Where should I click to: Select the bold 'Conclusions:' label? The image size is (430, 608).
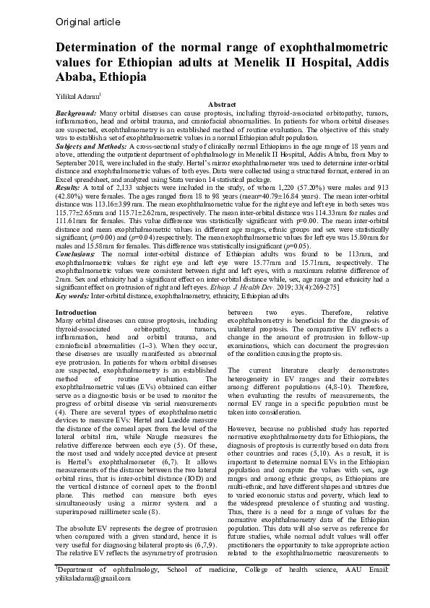(74, 254)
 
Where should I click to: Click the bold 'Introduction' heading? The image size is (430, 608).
(76, 311)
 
